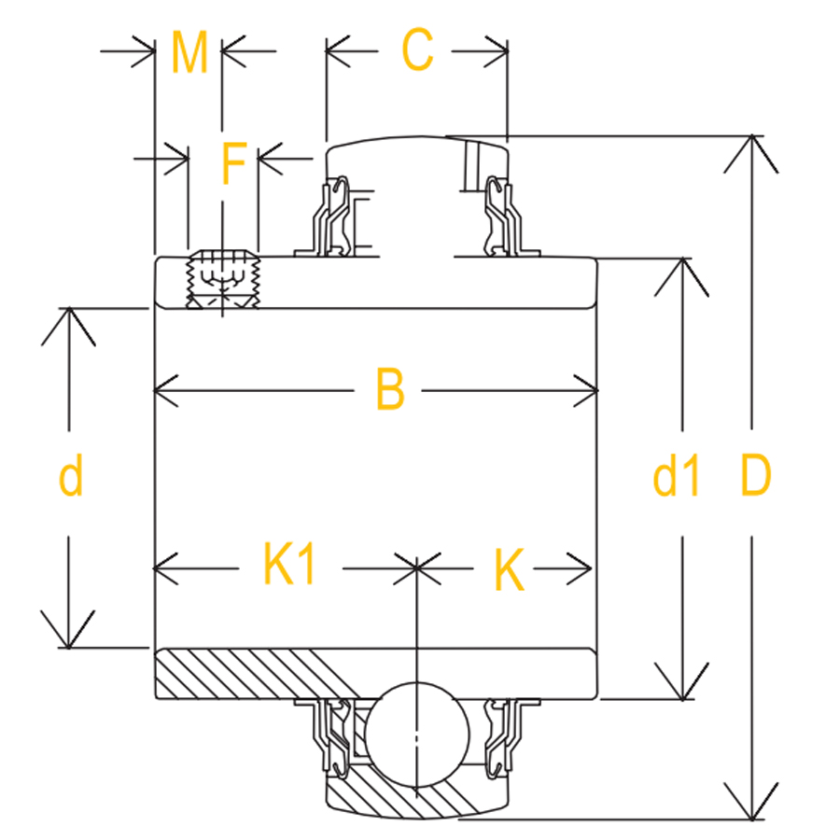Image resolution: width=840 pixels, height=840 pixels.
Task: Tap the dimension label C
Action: tap(417, 50)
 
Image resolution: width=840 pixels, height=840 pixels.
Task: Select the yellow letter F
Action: tap(232, 164)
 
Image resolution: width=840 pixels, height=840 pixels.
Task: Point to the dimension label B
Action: tap(390, 390)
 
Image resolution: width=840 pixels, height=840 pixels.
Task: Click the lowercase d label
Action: tap(71, 476)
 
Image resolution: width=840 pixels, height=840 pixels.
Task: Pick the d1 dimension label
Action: tap(677, 478)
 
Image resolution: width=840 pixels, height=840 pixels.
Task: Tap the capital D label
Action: tap(755, 476)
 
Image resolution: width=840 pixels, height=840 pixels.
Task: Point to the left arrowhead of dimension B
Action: tap(159, 390)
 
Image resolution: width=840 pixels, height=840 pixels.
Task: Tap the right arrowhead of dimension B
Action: tap(592, 390)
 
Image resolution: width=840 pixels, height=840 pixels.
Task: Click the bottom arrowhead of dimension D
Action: tap(751, 815)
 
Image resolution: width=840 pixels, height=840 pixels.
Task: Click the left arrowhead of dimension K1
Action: tap(159, 567)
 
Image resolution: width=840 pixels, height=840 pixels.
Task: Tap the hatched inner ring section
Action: tap(252, 672)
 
